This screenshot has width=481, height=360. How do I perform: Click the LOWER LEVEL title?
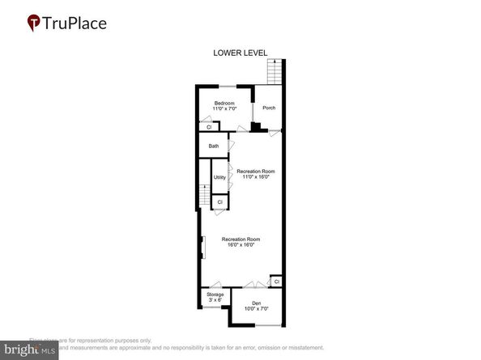coord(240,54)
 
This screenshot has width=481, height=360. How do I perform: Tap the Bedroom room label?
coord(224,103)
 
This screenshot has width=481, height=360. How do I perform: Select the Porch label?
coord(269,108)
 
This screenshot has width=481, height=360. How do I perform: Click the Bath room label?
coord(214,146)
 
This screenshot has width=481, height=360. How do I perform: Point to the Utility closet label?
coord(219,177)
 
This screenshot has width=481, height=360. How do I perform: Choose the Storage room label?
coord(215,294)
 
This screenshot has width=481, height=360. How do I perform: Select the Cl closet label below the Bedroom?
coord(209,127)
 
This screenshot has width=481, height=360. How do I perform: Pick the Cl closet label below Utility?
coord(219,201)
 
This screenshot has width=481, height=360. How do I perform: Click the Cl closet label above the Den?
coord(277,282)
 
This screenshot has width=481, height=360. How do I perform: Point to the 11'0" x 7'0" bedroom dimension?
coord(224,108)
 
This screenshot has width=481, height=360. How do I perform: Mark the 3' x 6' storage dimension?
coord(215,300)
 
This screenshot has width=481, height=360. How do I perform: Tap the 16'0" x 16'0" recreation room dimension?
coord(242,245)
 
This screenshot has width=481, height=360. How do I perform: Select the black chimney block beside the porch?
coord(257,126)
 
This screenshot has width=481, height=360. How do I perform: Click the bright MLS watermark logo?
coord(29,349)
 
